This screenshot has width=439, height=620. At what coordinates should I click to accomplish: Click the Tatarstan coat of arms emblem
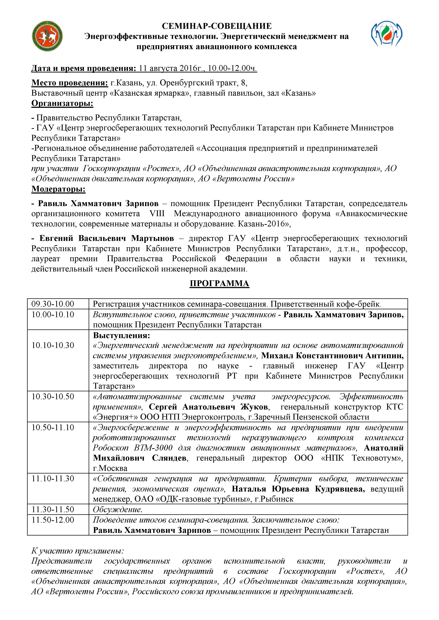(x=48, y=36)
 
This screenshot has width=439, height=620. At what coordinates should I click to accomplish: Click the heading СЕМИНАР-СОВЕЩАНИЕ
(x=217, y=26)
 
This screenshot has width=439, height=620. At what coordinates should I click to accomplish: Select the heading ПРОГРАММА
(x=219, y=283)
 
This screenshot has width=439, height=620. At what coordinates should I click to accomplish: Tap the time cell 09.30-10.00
(x=53, y=304)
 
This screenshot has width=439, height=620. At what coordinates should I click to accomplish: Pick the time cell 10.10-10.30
(x=53, y=345)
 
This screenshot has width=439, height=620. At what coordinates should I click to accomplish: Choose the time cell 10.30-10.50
(x=53, y=397)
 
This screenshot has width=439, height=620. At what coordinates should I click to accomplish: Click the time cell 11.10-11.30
(x=53, y=479)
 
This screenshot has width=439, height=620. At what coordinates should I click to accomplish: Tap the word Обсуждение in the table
(x=117, y=510)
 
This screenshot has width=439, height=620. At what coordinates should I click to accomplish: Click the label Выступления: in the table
(x=121, y=335)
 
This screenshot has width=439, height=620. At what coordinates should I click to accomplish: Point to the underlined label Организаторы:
(x=62, y=103)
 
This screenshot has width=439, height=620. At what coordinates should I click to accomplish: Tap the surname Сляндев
(x=169, y=458)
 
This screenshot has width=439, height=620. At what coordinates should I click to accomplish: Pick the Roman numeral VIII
(x=157, y=214)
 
